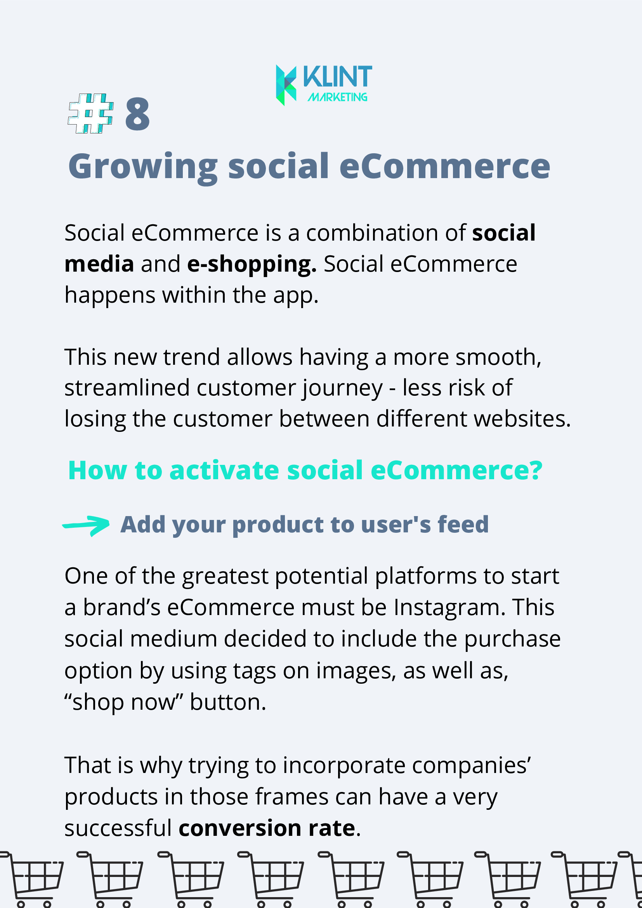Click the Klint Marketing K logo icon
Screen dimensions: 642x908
click(286, 85)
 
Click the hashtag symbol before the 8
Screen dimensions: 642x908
click(91, 113)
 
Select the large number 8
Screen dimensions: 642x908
click(137, 114)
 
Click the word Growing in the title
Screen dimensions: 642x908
click(143, 167)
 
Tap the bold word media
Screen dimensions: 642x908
click(99, 264)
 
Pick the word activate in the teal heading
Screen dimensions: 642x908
click(224, 471)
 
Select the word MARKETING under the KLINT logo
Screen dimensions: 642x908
click(337, 97)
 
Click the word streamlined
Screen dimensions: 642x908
click(127, 388)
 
